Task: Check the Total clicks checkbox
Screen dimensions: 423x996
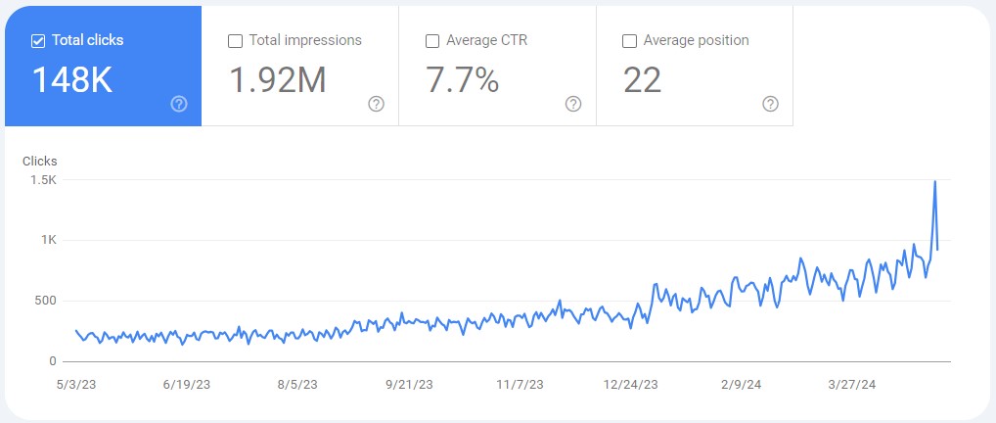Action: coord(38,41)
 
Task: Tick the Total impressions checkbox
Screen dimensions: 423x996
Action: coord(235,41)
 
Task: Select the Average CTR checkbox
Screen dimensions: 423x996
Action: coord(432,41)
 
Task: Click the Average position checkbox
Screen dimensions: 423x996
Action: coord(629,41)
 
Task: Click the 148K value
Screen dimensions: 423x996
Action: coord(72,80)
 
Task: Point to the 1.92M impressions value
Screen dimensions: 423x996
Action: coord(277,80)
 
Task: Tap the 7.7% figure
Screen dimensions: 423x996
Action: coord(463,80)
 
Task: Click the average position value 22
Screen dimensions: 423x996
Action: coord(642,80)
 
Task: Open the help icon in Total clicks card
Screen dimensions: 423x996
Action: coord(179,104)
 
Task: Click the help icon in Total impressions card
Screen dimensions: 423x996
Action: coord(377,104)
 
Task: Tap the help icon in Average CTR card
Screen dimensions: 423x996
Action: coord(573,104)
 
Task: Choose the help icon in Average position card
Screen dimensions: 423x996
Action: coord(770,104)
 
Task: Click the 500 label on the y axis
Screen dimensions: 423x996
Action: coord(45,301)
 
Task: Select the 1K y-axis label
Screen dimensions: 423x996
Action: coord(49,241)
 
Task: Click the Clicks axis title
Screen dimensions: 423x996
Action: coord(40,161)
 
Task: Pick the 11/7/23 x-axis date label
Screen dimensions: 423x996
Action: coord(521,385)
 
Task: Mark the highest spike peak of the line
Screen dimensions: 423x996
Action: coord(935,181)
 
